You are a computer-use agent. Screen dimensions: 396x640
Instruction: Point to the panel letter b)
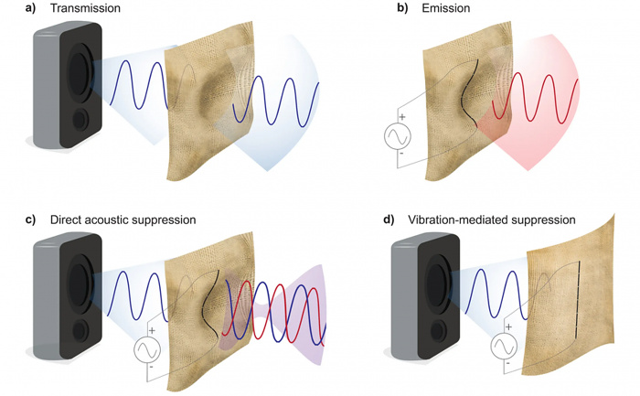(x=377, y=9)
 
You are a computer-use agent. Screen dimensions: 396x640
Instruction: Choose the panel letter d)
(x=377, y=220)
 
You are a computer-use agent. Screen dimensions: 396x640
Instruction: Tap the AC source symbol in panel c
(x=148, y=350)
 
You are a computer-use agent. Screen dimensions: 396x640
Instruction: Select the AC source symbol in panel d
(x=504, y=346)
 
